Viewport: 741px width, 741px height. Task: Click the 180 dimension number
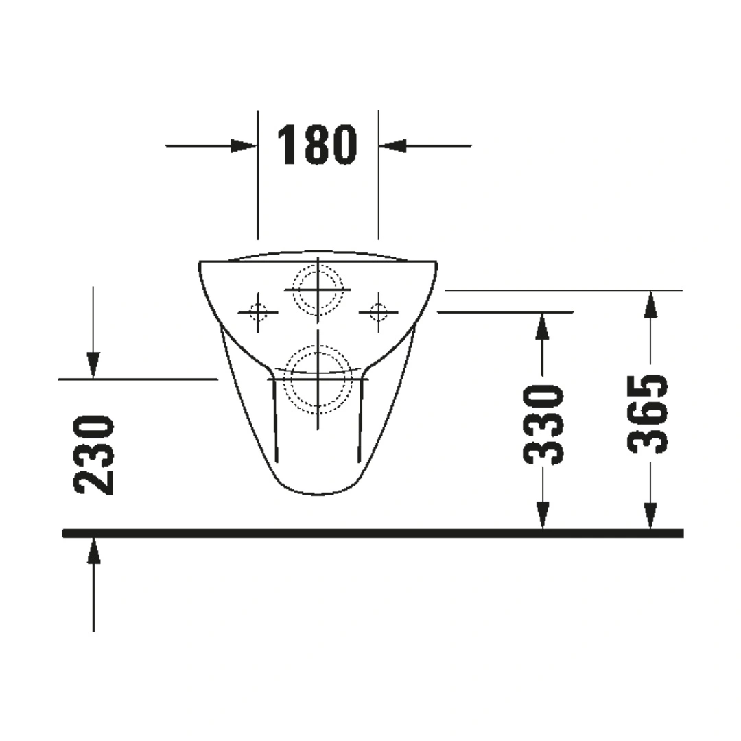(x=316, y=145)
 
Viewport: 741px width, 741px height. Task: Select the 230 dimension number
(x=93, y=455)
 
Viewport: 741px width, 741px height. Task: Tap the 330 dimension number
(x=543, y=424)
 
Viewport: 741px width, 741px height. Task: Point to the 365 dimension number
(x=648, y=414)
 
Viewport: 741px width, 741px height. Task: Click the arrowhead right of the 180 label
(x=392, y=145)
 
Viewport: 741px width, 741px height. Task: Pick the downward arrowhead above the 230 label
(x=93, y=365)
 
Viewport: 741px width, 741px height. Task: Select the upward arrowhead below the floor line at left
(x=93, y=550)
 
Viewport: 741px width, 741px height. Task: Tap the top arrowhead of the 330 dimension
(x=543, y=326)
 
